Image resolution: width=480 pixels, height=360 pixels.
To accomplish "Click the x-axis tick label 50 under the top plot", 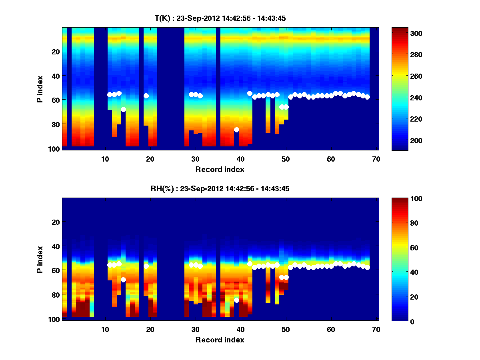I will (286, 159).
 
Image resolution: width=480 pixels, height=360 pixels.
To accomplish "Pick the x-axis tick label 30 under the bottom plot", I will (195, 330).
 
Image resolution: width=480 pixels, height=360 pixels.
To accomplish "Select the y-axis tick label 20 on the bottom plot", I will (56, 222).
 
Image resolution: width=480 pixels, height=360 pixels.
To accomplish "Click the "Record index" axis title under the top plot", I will (220, 169).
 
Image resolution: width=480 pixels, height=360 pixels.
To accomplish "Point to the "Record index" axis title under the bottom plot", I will (220, 340).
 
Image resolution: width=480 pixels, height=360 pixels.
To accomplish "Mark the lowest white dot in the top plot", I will (236, 130).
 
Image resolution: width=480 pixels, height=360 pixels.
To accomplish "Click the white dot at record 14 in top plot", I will (123, 109).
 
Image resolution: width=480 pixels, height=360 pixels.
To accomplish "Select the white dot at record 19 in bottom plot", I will (146, 266).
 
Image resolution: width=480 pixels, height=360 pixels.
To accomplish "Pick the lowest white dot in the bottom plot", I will (236, 300).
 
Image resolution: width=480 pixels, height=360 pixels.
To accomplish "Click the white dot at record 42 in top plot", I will (250, 93).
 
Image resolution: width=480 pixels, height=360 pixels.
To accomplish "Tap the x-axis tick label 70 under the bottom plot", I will (376, 330).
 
